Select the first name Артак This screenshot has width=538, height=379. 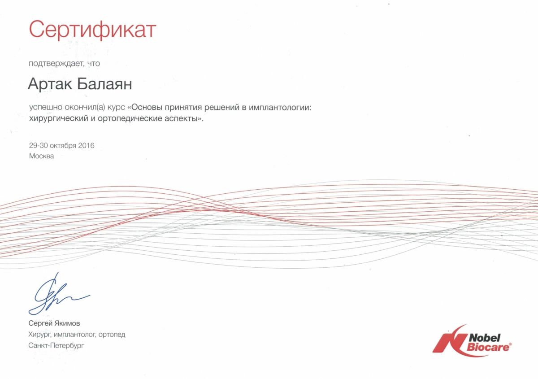50,84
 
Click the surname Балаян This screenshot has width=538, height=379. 104,84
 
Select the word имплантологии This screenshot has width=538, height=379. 280,107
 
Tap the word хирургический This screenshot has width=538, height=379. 59,118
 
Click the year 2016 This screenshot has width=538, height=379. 86,145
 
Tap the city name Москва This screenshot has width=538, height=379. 42,156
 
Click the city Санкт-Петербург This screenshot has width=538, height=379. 56,346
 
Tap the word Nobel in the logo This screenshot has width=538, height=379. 484,338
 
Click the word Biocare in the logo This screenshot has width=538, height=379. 488,347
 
